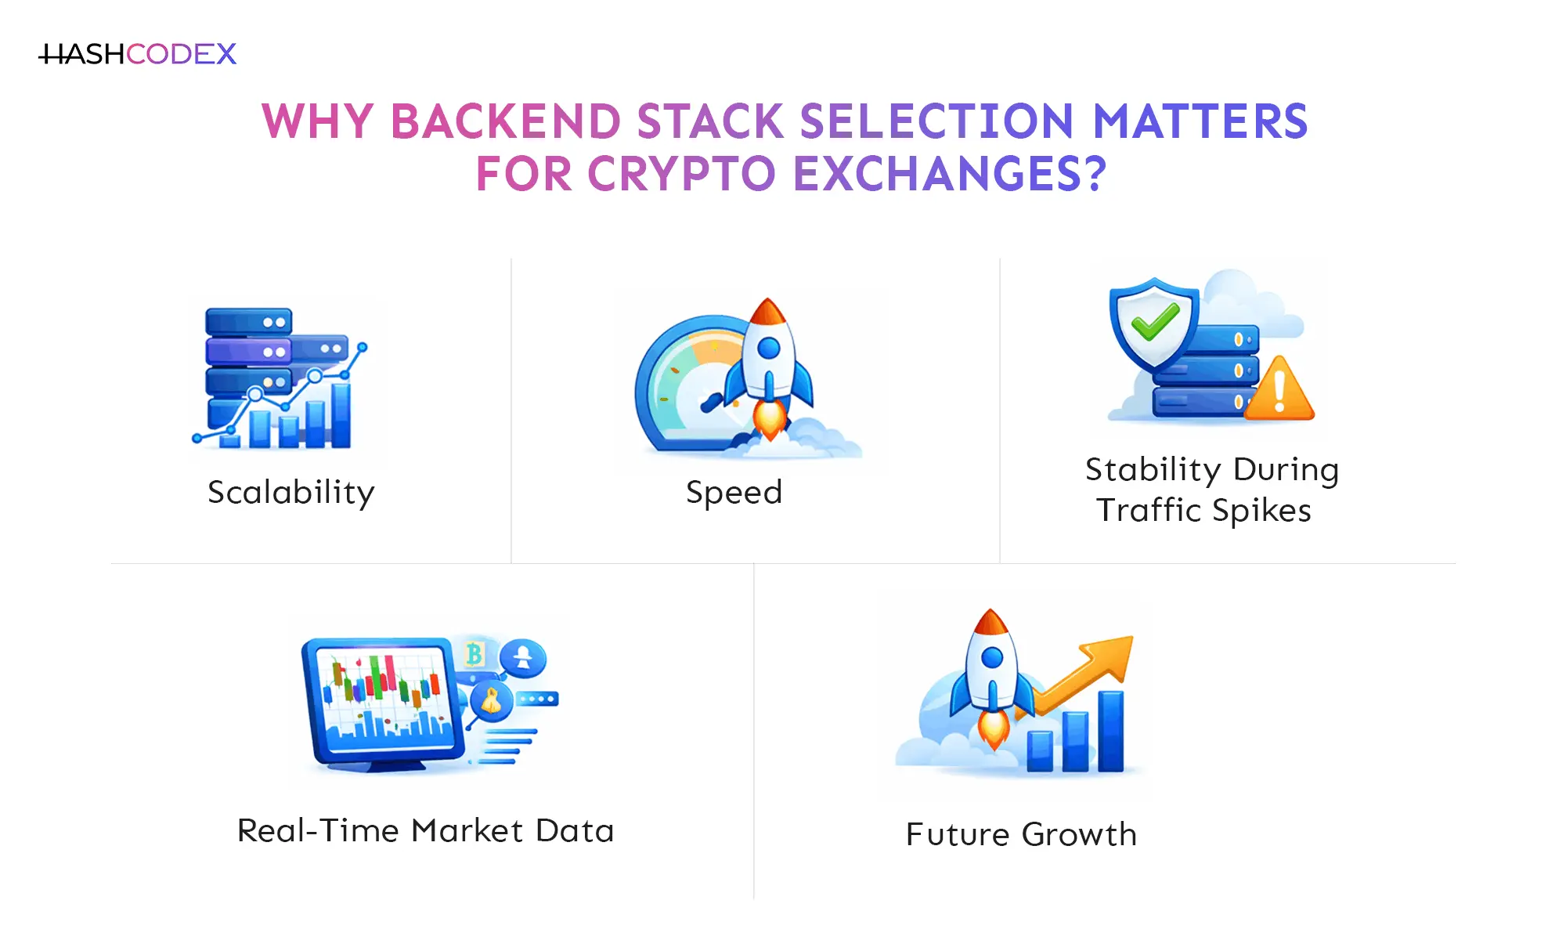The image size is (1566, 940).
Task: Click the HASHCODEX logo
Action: (138, 54)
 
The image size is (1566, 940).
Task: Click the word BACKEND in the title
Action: (505, 122)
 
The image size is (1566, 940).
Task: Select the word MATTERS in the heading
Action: (1200, 122)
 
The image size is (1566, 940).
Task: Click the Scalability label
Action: (291, 493)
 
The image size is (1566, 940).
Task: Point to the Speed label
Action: (734, 493)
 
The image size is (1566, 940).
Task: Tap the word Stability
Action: (1153, 470)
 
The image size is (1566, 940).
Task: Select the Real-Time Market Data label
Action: (425, 830)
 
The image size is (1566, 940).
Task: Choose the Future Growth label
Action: (1021, 834)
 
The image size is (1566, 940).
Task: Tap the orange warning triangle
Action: (1279, 390)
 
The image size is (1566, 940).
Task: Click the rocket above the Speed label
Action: (769, 360)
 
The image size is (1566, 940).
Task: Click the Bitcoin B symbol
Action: (474, 653)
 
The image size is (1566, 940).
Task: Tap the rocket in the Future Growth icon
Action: (991, 674)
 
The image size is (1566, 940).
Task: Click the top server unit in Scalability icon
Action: (248, 321)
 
